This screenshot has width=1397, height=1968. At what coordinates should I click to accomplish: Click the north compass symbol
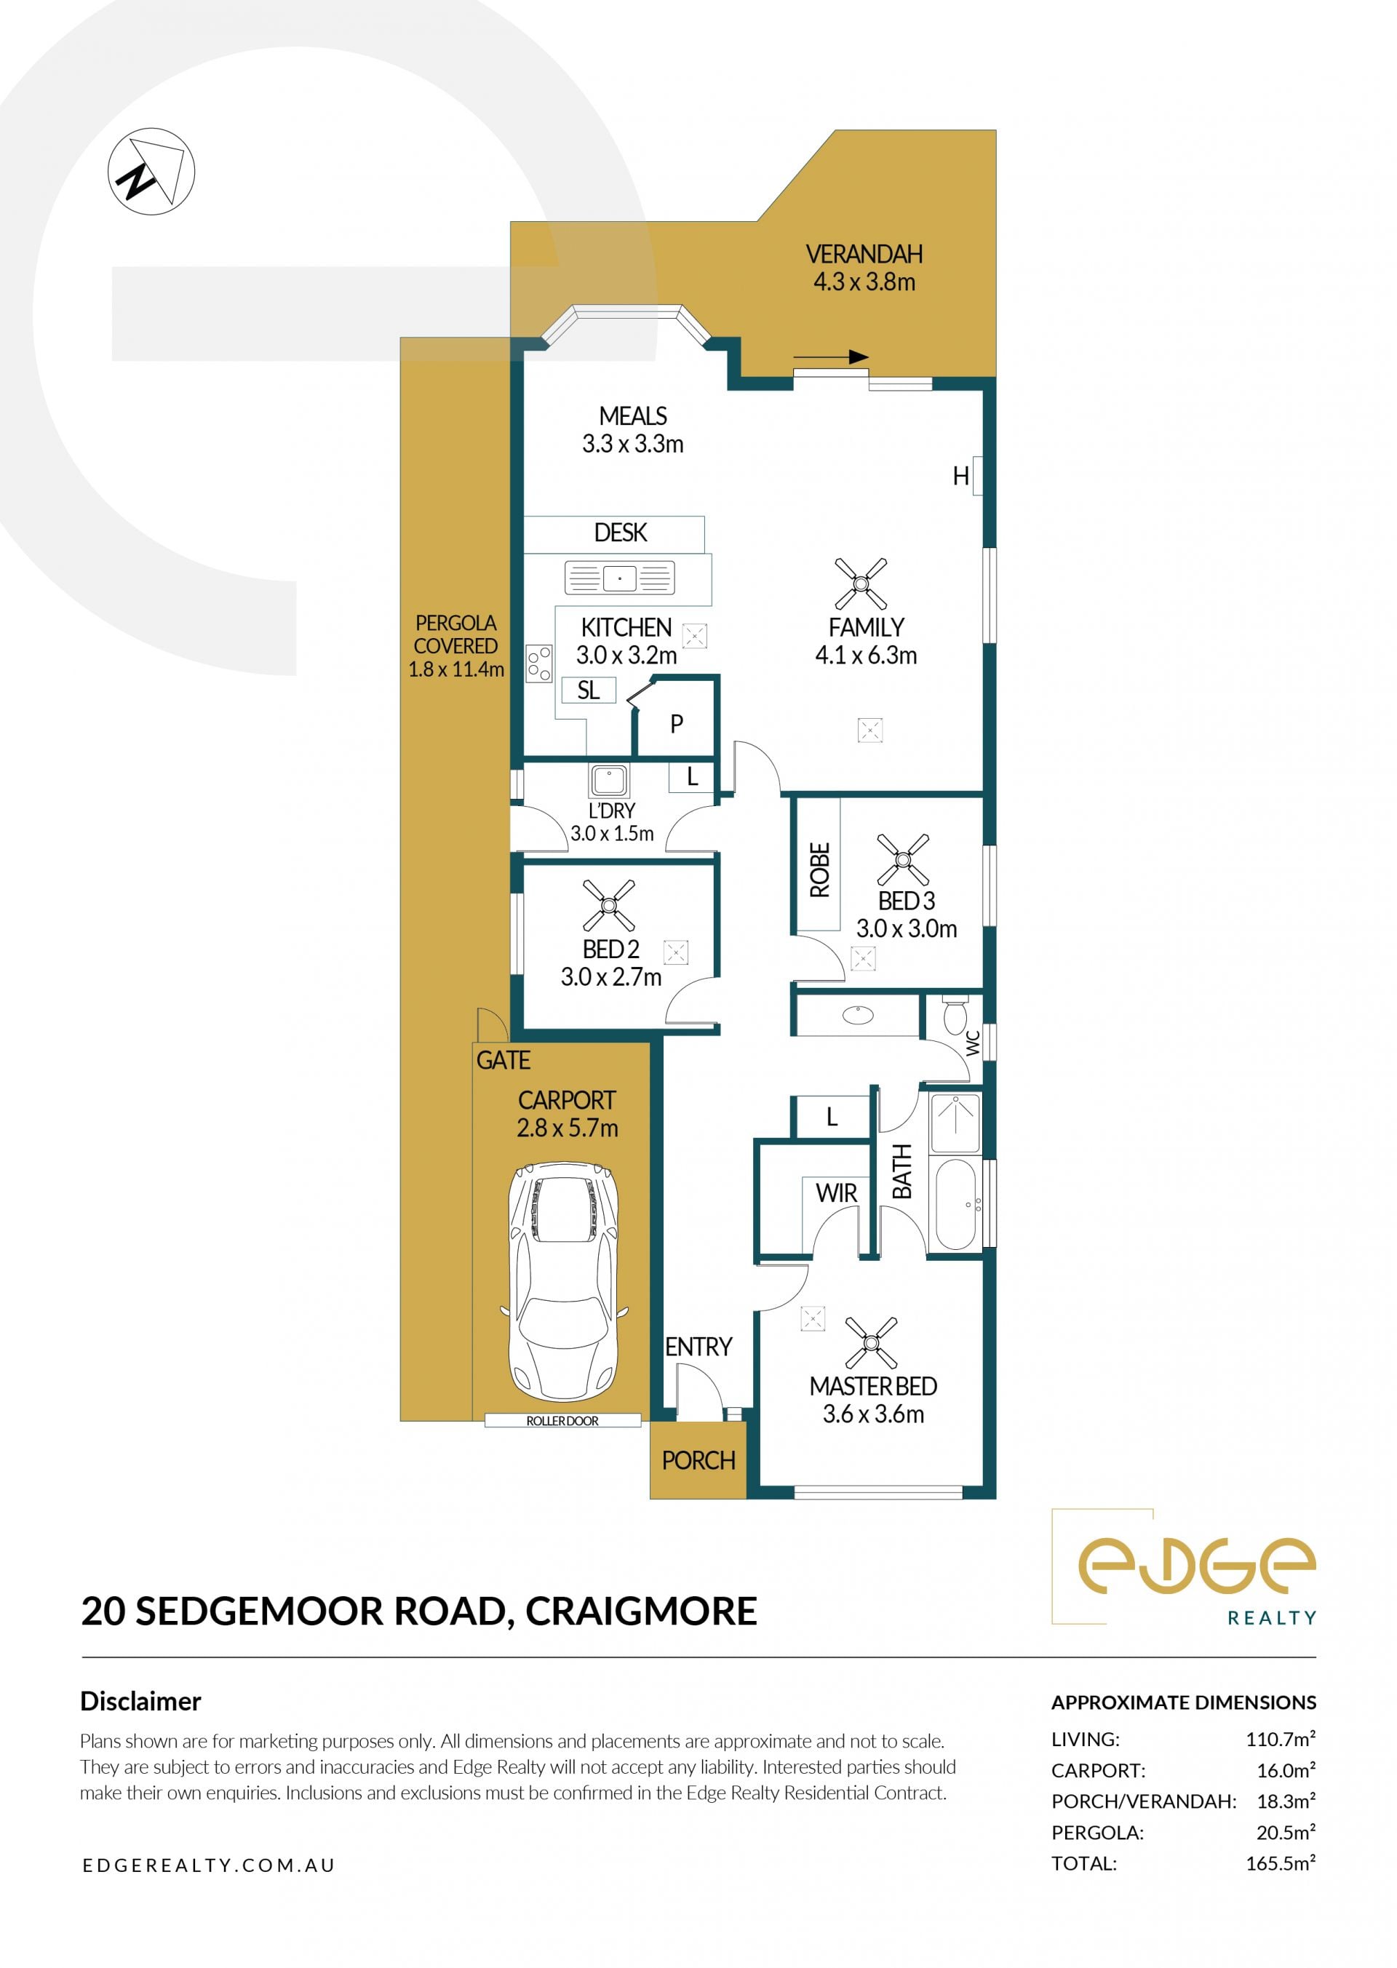151,171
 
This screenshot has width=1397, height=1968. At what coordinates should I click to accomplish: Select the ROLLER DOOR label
562,1421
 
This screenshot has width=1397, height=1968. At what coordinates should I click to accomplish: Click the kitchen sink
619,578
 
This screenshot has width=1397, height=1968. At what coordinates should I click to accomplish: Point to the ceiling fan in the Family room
861,583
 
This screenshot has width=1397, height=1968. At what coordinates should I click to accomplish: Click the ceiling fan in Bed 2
609,905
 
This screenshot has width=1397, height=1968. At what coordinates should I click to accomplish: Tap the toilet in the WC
955,1015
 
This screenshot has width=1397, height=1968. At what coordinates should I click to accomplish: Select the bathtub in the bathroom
955,1204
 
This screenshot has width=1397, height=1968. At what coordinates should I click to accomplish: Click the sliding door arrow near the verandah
831,357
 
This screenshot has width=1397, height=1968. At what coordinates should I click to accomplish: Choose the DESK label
620,533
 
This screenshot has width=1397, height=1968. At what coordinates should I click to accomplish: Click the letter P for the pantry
677,724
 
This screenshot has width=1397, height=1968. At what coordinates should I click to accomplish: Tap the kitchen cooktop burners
539,664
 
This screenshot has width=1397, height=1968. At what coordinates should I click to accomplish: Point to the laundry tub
609,779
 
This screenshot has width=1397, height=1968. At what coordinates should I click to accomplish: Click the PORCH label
698,1460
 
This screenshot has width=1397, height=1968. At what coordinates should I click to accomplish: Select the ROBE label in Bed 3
820,870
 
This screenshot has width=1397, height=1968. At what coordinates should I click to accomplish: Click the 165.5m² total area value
1281,1864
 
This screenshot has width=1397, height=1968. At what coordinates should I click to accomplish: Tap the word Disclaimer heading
140,1702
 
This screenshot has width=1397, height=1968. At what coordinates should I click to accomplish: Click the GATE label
504,1061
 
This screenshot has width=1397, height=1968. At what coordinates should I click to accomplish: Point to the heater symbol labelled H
961,476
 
